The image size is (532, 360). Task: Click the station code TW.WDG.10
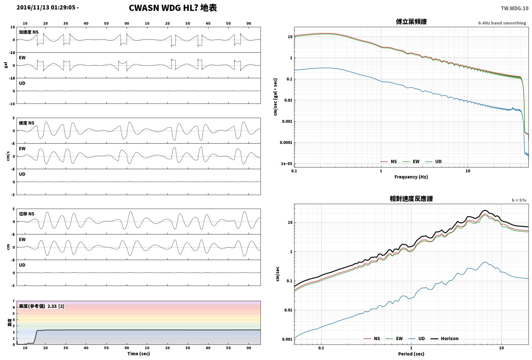[x=515, y=8]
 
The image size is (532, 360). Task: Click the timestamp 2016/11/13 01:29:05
[x=46, y=7]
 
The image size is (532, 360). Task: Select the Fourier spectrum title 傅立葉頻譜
[x=411, y=22]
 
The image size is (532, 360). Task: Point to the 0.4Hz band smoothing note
[x=502, y=23]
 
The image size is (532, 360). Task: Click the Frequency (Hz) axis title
[x=411, y=177]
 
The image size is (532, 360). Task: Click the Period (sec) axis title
[x=411, y=354]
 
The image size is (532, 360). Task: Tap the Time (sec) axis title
[x=139, y=354]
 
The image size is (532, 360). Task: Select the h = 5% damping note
[x=519, y=200]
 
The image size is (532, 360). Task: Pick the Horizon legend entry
[x=445, y=338]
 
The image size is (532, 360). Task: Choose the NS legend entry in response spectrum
[x=372, y=338]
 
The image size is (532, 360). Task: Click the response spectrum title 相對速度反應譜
[x=411, y=199]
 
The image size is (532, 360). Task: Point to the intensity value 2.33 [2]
[x=56, y=306]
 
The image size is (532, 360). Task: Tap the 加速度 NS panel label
[x=29, y=32]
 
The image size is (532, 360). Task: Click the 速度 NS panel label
[x=27, y=123]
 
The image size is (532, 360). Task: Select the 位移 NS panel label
[x=27, y=214]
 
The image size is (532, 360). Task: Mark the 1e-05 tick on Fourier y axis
[x=286, y=164]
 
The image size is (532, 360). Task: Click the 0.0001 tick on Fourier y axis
[x=286, y=143]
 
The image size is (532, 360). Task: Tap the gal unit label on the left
[x=6, y=65]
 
